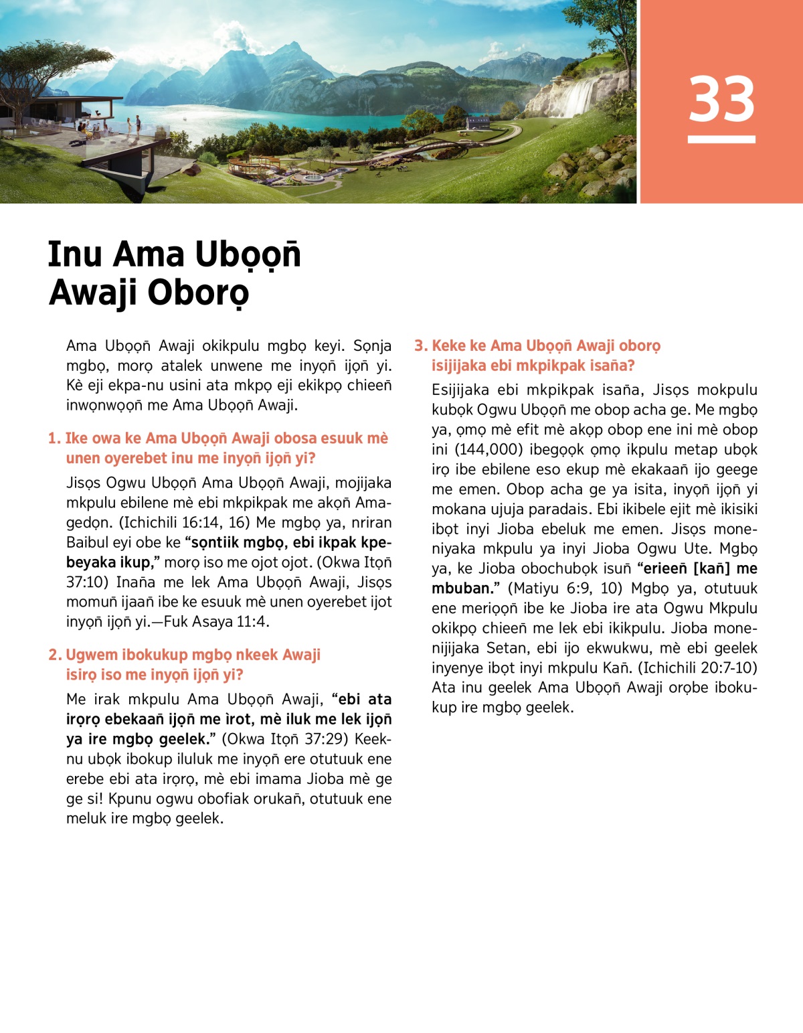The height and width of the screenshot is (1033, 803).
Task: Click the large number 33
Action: coord(721,99)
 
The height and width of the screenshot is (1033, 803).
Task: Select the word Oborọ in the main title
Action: coord(199,293)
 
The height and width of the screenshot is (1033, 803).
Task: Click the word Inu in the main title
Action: coord(74,254)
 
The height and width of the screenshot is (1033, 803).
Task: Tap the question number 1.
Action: coord(54,439)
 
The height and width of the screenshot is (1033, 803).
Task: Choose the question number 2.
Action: coord(54,655)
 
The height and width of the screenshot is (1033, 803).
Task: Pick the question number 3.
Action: coord(420,346)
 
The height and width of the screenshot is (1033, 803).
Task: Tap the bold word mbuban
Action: coord(462,588)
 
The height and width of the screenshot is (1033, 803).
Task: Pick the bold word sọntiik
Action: coord(215,543)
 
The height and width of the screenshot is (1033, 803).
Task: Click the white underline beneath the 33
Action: coord(721,139)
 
